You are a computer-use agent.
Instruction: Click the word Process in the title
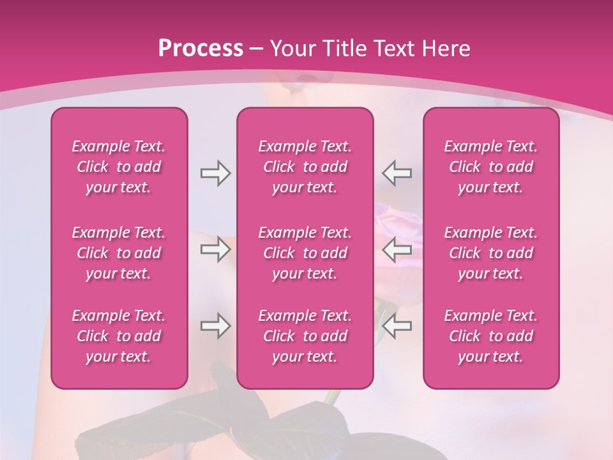click(201, 49)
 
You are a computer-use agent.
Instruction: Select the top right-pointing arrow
click(215, 173)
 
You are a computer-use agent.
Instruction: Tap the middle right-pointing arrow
click(215, 249)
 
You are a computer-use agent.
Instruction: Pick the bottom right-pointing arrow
click(215, 326)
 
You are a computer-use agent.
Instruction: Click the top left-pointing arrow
click(397, 173)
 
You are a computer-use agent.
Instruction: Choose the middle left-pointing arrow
click(397, 249)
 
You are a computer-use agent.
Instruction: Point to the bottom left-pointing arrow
click(397, 326)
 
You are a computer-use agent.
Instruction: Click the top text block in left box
click(119, 167)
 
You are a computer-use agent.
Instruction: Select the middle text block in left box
click(119, 253)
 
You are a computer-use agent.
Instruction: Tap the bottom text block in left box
click(119, 336)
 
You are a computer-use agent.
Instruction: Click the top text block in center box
click(305, 167)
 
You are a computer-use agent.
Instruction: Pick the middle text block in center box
click(305, 253)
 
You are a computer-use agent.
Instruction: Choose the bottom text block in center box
click(305, 336)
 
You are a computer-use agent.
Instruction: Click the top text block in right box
click(491, 167)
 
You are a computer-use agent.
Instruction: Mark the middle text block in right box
click(491, 253)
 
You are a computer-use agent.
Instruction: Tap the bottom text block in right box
click(491, 336)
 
